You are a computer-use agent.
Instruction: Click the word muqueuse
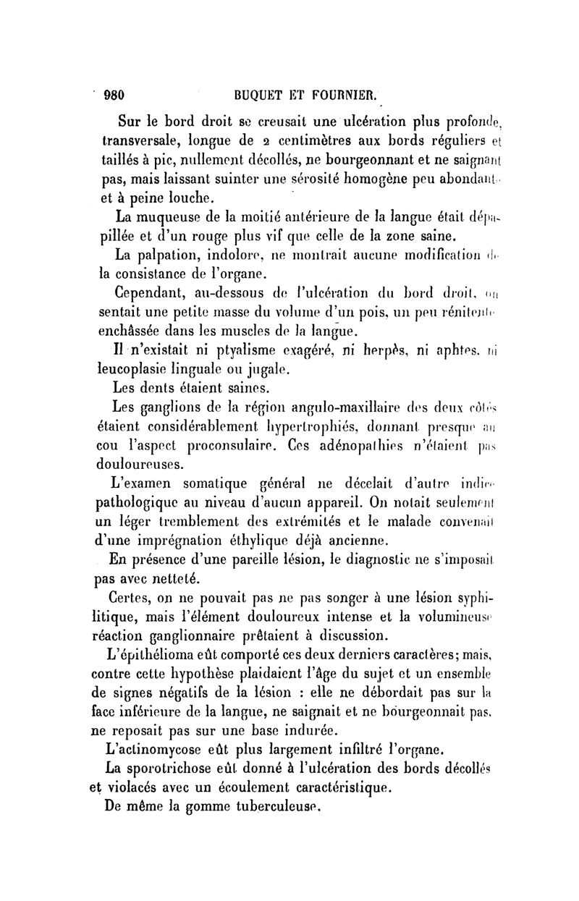[175, 216]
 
